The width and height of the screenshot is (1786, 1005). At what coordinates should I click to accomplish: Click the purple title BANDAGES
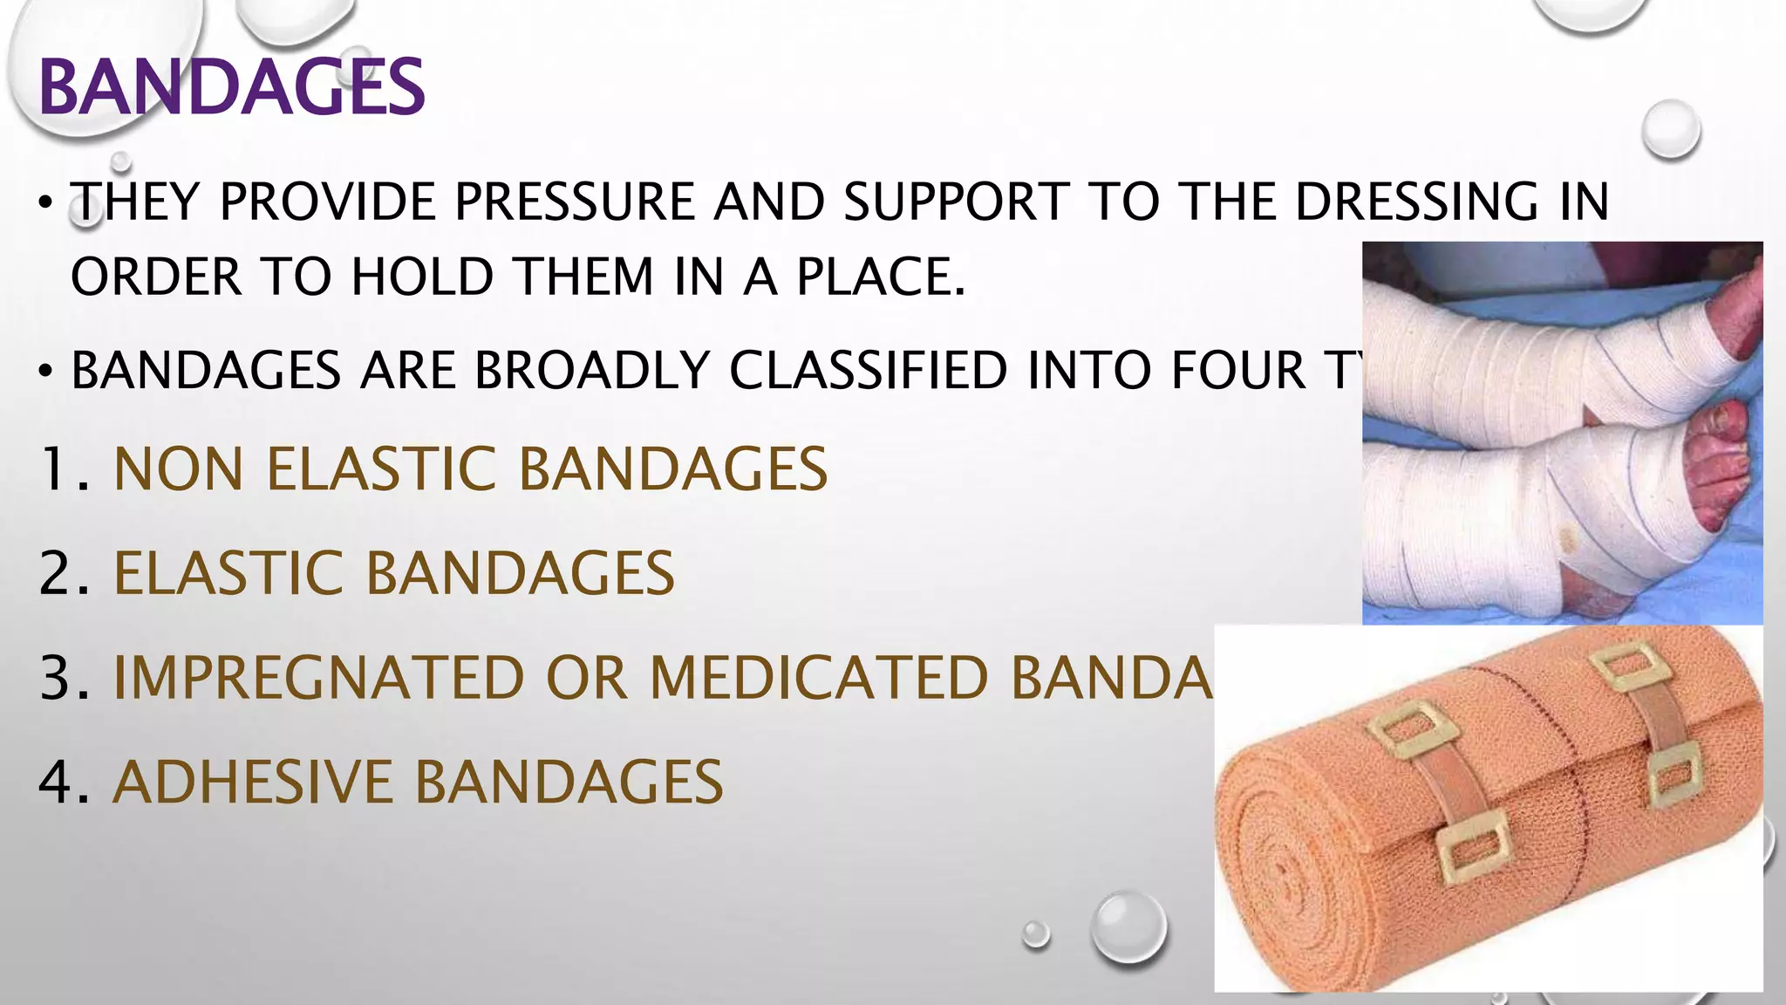(x=232, y=87)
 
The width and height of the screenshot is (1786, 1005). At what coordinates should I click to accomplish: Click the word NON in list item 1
(x=179, y=469)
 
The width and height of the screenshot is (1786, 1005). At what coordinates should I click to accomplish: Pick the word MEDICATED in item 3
(x=818, y=678)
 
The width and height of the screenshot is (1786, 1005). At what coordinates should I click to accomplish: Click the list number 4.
(x=58, y=782)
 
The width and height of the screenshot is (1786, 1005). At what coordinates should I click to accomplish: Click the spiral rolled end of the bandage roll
(x=1282, y=881)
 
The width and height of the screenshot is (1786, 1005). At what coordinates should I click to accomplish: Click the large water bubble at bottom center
(x=1128, y=926)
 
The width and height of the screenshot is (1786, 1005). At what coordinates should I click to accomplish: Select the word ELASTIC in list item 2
(x=228, y=574)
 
